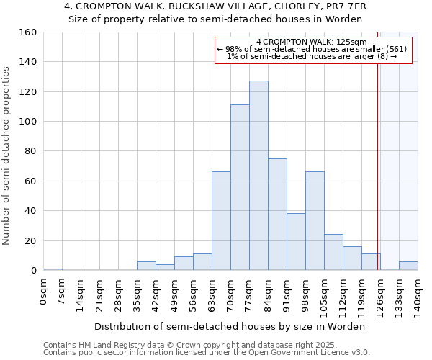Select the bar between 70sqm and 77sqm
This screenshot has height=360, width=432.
pos(240,187)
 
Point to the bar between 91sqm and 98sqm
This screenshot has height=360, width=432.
pos(296,242)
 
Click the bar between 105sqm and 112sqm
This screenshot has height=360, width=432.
pos(333,252)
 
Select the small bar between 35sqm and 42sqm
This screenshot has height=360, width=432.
pos(146,266)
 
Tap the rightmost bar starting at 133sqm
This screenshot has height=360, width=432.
pos(408,266)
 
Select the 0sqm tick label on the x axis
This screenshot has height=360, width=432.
pos(44,292)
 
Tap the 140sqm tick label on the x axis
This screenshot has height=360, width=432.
pos(418,295)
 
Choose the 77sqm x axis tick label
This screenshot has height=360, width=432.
pos(250,294)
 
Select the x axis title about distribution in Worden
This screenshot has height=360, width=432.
pos(230,326)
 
